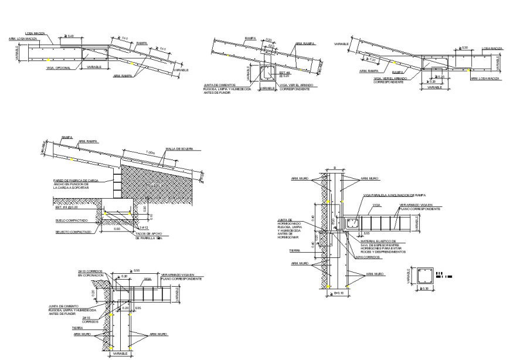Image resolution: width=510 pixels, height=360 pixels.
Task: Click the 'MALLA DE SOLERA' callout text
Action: tap(179, 149)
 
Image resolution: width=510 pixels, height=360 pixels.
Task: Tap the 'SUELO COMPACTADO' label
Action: tap(72, 220)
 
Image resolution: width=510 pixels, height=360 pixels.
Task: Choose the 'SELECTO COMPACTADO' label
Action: tap(73, 232)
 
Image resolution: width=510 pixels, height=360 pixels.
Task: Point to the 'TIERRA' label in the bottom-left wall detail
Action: tap(77, 328)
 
